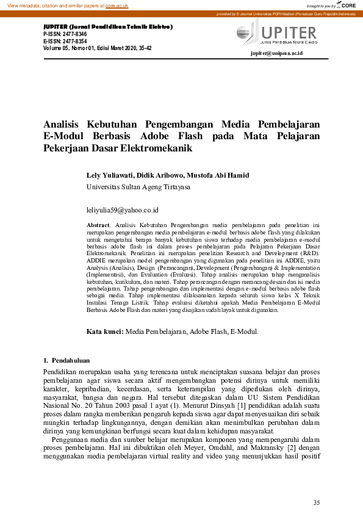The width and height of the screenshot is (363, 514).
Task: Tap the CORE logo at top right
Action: pyautogui.click(x=348, y=5)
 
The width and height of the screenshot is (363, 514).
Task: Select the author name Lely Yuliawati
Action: pyautogui.click(x=112, y=175)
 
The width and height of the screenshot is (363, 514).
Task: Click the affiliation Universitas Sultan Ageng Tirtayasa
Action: pyautogui.click(x=138, y=187)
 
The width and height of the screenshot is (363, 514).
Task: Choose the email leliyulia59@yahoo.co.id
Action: pyautogui.click(x=123, y=210)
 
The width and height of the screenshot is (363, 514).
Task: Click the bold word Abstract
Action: pyautogui.click(x=99, y=226)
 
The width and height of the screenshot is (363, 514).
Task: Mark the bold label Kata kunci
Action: pyautogui.click(x=104, y=331)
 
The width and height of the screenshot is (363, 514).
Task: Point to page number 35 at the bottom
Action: pyautogui.click(x=316, y=502)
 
